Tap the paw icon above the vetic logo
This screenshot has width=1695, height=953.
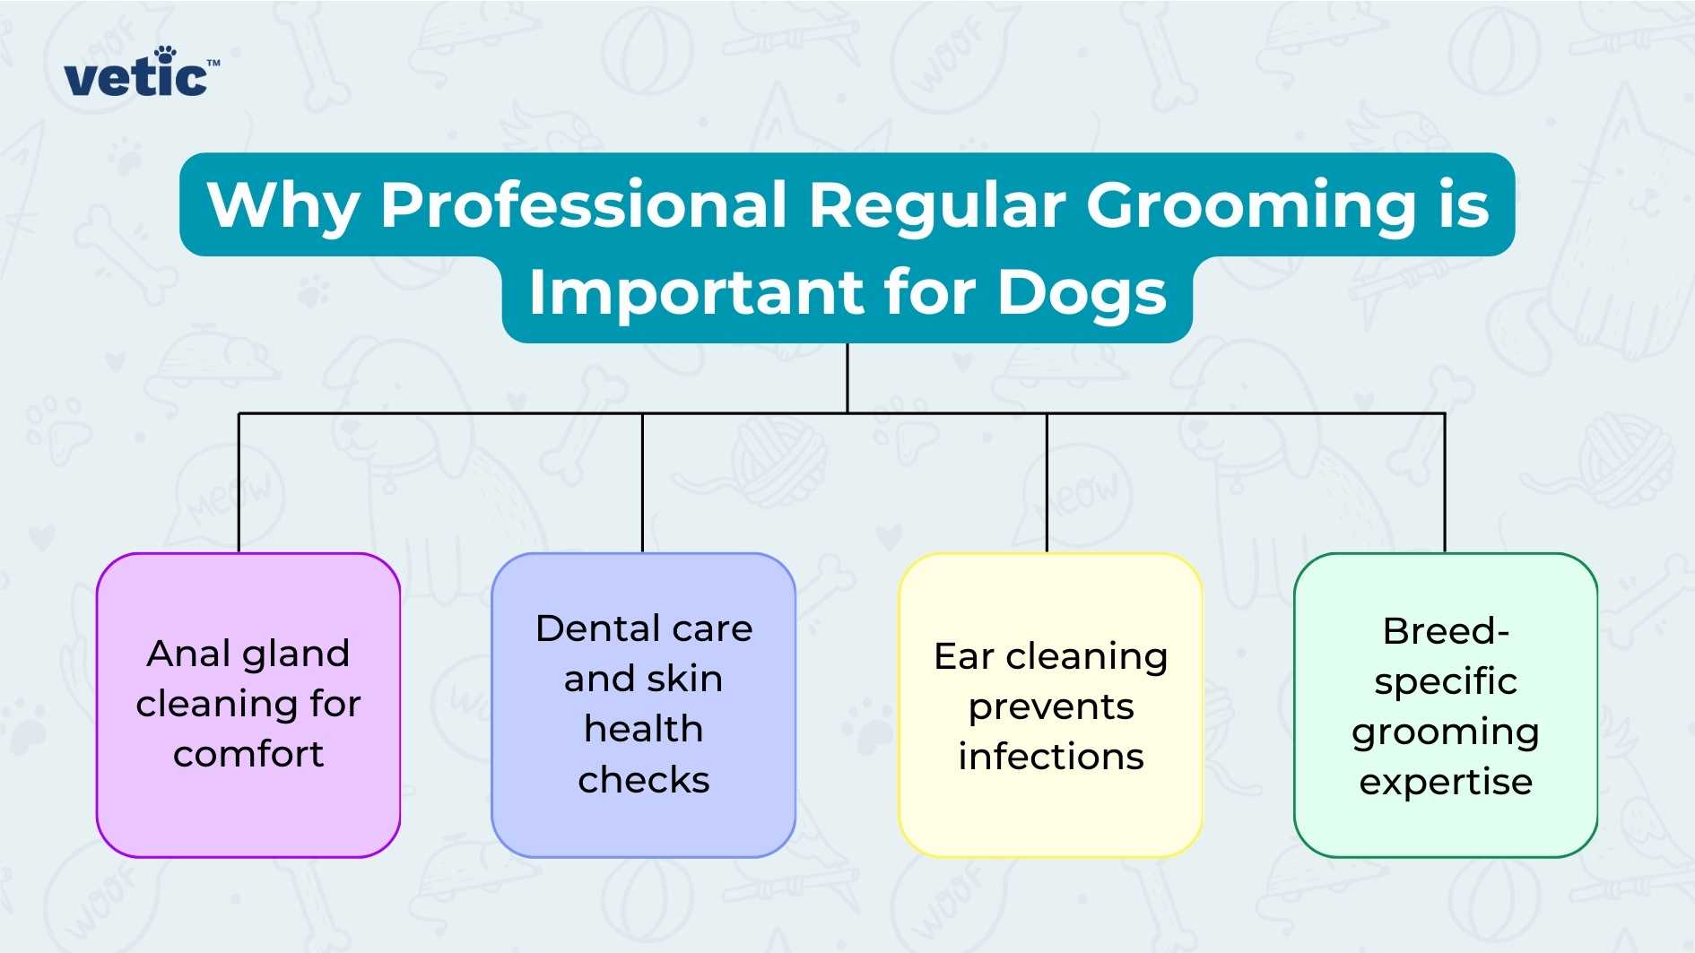pyautogui.click(x=165, y=55)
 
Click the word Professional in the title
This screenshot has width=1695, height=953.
pyautogui.click(x=583, y=204)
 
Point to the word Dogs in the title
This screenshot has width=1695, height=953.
pyautogui.click(x=1081, y=293)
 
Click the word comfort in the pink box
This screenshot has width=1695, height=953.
pyautogui.click(x=248, y=754)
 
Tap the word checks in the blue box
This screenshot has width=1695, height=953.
pyautogui.click(x=643, y=780)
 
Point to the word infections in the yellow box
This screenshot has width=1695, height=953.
pyautogui.click(x=1050, y=757)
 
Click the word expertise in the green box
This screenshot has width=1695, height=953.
pyautogui.click(x=1445, y=782)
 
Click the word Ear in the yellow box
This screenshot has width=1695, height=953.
pyautogui.click(x=964, y=656)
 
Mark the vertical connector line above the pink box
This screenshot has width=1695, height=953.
pyautogui.click(x=239, y=484)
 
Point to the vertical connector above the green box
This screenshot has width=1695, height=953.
pyautogui.click(x=1445, y=484)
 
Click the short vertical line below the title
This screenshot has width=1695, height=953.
pyautogui.click(x=847, y=377)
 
